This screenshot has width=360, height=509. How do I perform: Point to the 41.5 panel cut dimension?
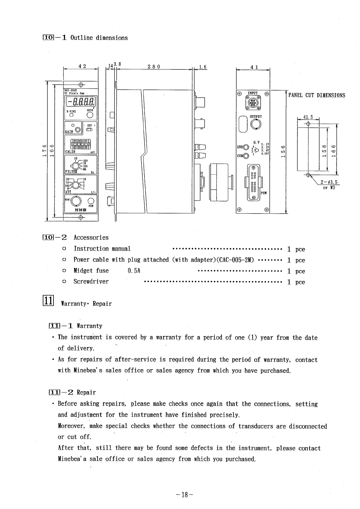[308, 117]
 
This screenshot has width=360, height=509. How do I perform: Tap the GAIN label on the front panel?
[69, 132]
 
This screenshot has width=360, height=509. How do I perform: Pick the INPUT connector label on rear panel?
[253, 93]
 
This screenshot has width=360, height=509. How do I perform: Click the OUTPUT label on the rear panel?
[256, 117]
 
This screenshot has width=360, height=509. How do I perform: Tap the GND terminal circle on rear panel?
[246, 147]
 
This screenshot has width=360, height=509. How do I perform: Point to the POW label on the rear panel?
[263, 192]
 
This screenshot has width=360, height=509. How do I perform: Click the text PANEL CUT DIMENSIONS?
[316, 95]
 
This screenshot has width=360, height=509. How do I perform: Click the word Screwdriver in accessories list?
[91, 282]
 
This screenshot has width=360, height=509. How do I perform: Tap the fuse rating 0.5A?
[134, 271]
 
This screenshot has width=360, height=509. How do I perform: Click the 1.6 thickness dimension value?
[203, 67]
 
